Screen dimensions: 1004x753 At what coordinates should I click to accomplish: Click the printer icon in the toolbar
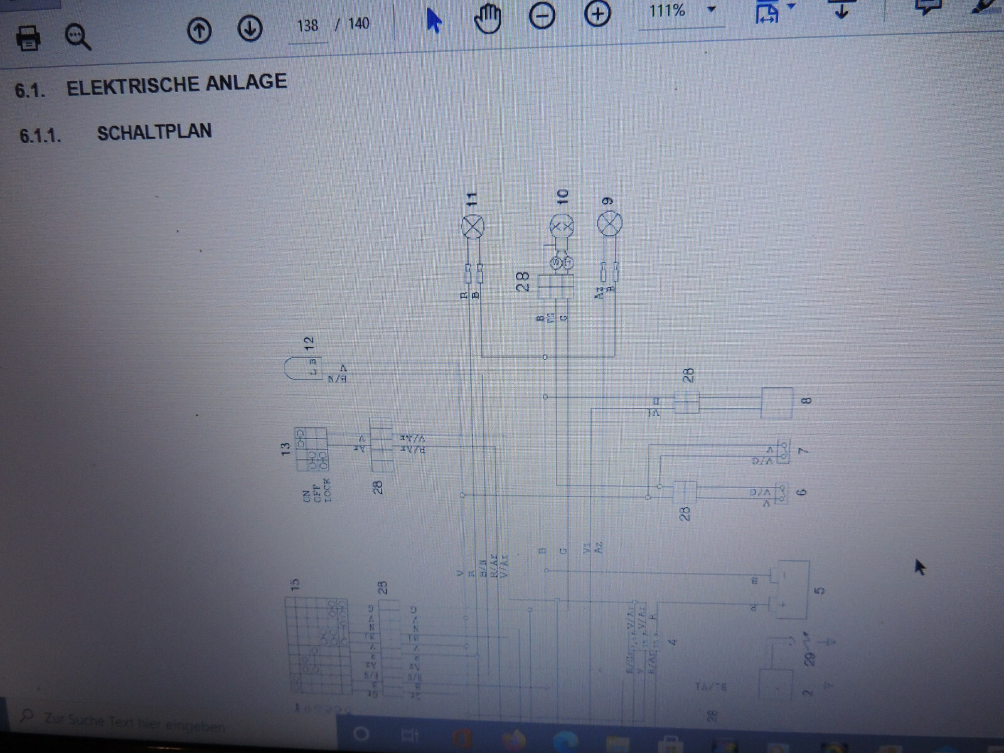[28, 38]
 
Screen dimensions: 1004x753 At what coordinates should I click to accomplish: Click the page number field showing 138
[307, 26]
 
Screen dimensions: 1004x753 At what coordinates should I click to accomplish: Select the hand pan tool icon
[488, 19]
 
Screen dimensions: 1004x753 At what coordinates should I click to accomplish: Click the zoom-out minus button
[542, 16]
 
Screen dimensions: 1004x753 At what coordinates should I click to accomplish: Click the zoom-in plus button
[597, 14]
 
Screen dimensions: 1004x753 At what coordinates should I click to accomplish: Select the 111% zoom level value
[667, 11]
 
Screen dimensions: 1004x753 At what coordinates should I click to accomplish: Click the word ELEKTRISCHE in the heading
[176, 84]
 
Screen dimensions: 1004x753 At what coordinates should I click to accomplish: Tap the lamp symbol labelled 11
[473, 226]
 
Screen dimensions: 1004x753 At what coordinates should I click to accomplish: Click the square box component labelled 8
[776, 402]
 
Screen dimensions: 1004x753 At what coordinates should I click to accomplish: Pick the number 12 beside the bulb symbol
[308, 343]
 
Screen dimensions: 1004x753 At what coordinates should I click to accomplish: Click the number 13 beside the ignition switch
[286, 449]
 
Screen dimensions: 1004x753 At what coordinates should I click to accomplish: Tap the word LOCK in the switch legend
[326, 490]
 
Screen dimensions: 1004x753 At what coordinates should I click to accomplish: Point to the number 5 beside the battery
[819, 590]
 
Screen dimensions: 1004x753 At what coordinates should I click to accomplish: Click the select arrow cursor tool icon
[434, 20]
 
